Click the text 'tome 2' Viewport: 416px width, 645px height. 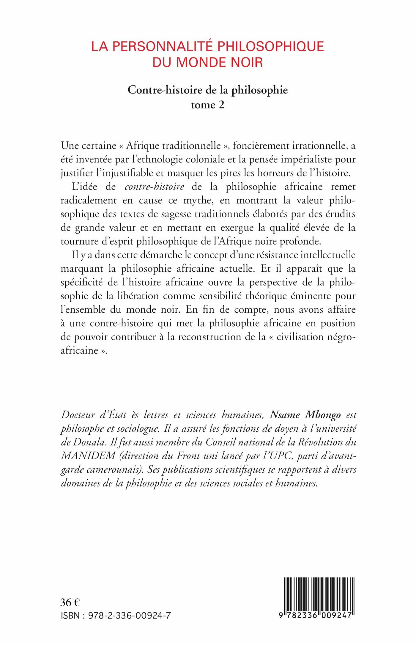pyautogui.click(x=208, y=105)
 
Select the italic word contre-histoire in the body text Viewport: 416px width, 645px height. pyautogui.click(x=155, y=187)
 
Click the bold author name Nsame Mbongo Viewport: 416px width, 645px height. pyautogui.click(x=305, y=415)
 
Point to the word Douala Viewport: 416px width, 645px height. pyautogui.click(x=89, y=442)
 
